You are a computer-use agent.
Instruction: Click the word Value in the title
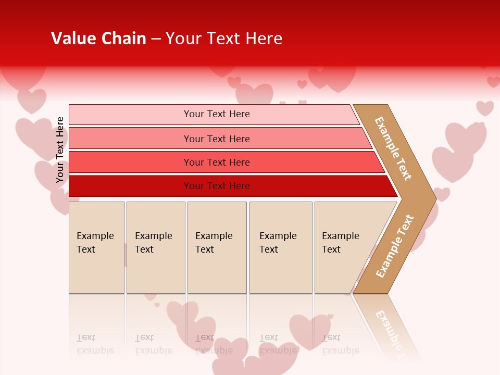(72, 39)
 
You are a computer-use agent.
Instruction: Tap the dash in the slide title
(156, 39)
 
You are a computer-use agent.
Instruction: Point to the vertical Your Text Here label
(60, 150)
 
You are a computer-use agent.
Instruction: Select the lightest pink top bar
(214, 114)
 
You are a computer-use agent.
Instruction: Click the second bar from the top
(217, 139)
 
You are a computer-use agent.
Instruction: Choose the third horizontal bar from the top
(217, 162)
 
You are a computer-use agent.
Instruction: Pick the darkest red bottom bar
(217, 186)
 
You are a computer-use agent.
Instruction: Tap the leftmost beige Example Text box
(96, 247)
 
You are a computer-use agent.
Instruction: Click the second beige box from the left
(155, 247)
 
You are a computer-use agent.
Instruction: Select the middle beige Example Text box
(217, 247)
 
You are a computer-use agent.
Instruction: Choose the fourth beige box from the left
(280, 247)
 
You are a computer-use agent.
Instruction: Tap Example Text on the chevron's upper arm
(393, 148)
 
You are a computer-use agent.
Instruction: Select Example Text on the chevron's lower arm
(394, 246)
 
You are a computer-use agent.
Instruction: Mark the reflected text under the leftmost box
(95, 344)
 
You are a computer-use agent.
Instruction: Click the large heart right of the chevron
(458, 151)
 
